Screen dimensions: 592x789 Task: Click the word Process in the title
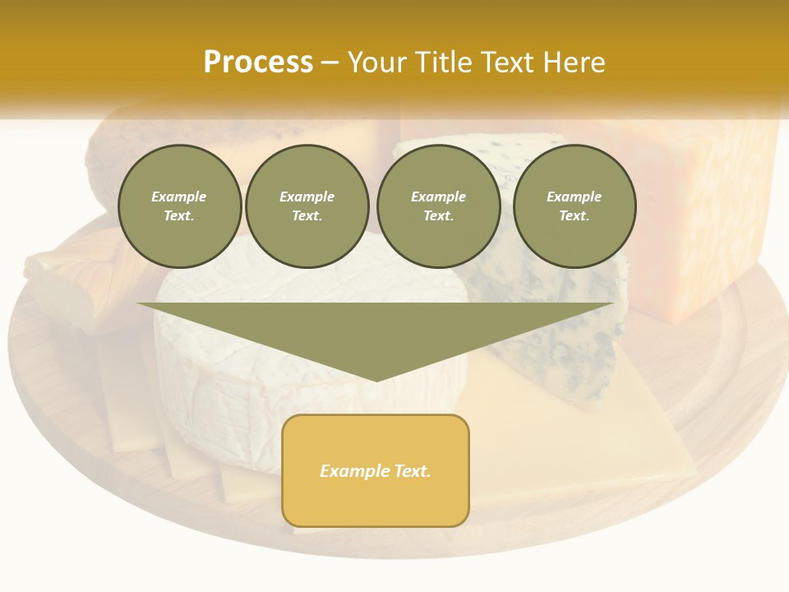coord(258,62)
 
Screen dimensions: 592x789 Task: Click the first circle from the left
coord(179,206)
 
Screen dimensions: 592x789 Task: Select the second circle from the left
coord(307,206)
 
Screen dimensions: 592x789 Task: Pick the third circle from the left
coord(438,206)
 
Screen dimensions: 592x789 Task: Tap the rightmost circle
coord(574,206)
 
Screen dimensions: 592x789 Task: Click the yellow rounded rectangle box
coord(376,470)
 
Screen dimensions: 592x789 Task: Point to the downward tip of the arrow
coord(376,377)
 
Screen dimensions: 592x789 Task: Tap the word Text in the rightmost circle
coord(574,216)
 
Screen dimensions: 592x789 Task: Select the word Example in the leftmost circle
coord(179,197)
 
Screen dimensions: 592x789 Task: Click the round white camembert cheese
coord(247,386)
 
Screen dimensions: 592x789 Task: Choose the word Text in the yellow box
coord(413,471)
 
